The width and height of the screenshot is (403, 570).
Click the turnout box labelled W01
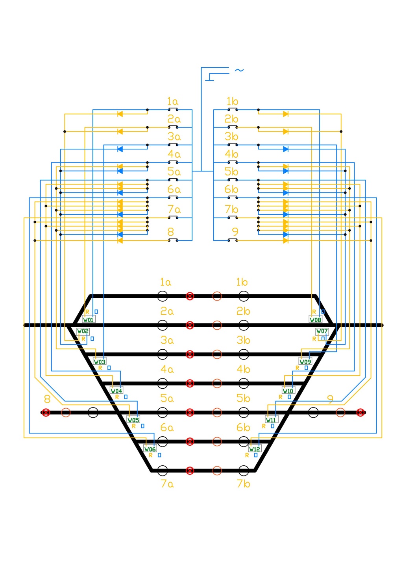tap(89, 319)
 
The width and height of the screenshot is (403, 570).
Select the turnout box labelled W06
tap(150, 449)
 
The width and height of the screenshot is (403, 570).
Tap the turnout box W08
tap(315, 319)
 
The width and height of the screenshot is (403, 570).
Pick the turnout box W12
tap(255, 449)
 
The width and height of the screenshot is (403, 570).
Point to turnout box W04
tap(116, 391)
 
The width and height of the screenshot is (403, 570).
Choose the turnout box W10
tap(288, 391)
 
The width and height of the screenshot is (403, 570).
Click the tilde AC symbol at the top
tap(239, 70)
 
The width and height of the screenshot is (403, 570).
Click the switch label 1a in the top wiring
tap(172, 101)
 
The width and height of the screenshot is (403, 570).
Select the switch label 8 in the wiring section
tap(170, 232)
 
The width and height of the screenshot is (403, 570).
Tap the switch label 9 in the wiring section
tap(235, 232)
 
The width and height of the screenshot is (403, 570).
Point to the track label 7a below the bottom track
tap(167, 483)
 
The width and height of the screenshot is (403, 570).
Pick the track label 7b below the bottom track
tap(243, 483)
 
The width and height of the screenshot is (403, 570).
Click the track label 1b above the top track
tap(242, 282)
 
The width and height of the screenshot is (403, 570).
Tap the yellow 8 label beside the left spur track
tap(47, 399)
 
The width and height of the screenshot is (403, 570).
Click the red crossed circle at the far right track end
tap(360, 412)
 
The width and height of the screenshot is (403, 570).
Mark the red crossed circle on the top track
tap(190, 296)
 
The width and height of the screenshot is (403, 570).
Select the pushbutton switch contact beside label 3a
tap(173, 145)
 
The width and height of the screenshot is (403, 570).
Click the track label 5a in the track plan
tap(167, 398)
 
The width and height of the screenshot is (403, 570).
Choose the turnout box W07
tap(322, 331)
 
